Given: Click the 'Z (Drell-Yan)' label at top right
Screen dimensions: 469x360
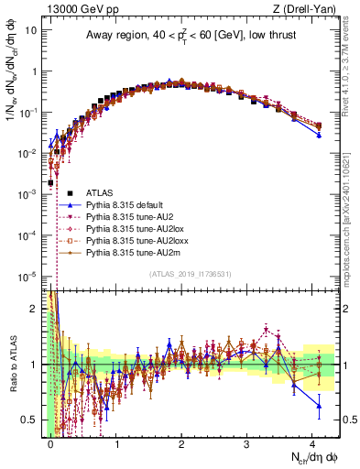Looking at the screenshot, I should coord(309,7).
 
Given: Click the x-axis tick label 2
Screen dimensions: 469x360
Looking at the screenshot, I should coord(181,445).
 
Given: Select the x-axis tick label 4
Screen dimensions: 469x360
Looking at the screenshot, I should coord(313,445).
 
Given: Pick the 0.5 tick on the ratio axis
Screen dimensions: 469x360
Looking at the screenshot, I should coord(32,420).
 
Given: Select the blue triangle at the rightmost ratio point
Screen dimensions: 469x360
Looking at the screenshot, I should coord(319,405).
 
